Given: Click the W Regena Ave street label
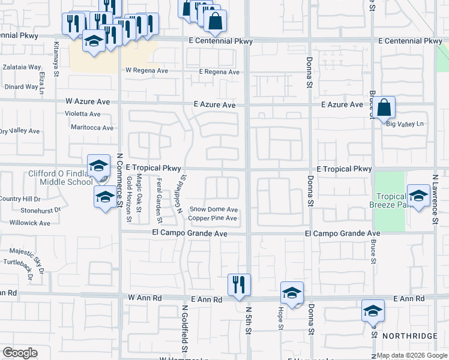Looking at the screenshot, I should [148, 70].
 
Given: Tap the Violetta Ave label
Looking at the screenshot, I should [83, 113].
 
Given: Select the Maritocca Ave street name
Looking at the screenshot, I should [91, 128].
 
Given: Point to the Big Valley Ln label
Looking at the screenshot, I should [405, 124].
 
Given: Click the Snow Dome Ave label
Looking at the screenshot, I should [214, 209].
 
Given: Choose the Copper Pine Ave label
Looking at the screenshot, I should [213, 218].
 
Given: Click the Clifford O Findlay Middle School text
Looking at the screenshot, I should [60, 178].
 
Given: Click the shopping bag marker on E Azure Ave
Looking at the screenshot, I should [385, 109].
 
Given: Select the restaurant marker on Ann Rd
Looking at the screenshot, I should [240, 284].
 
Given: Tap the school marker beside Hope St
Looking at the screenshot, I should [292, 293].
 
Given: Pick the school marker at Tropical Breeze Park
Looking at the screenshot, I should [418, 195].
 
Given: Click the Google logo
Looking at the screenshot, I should [20, 353].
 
